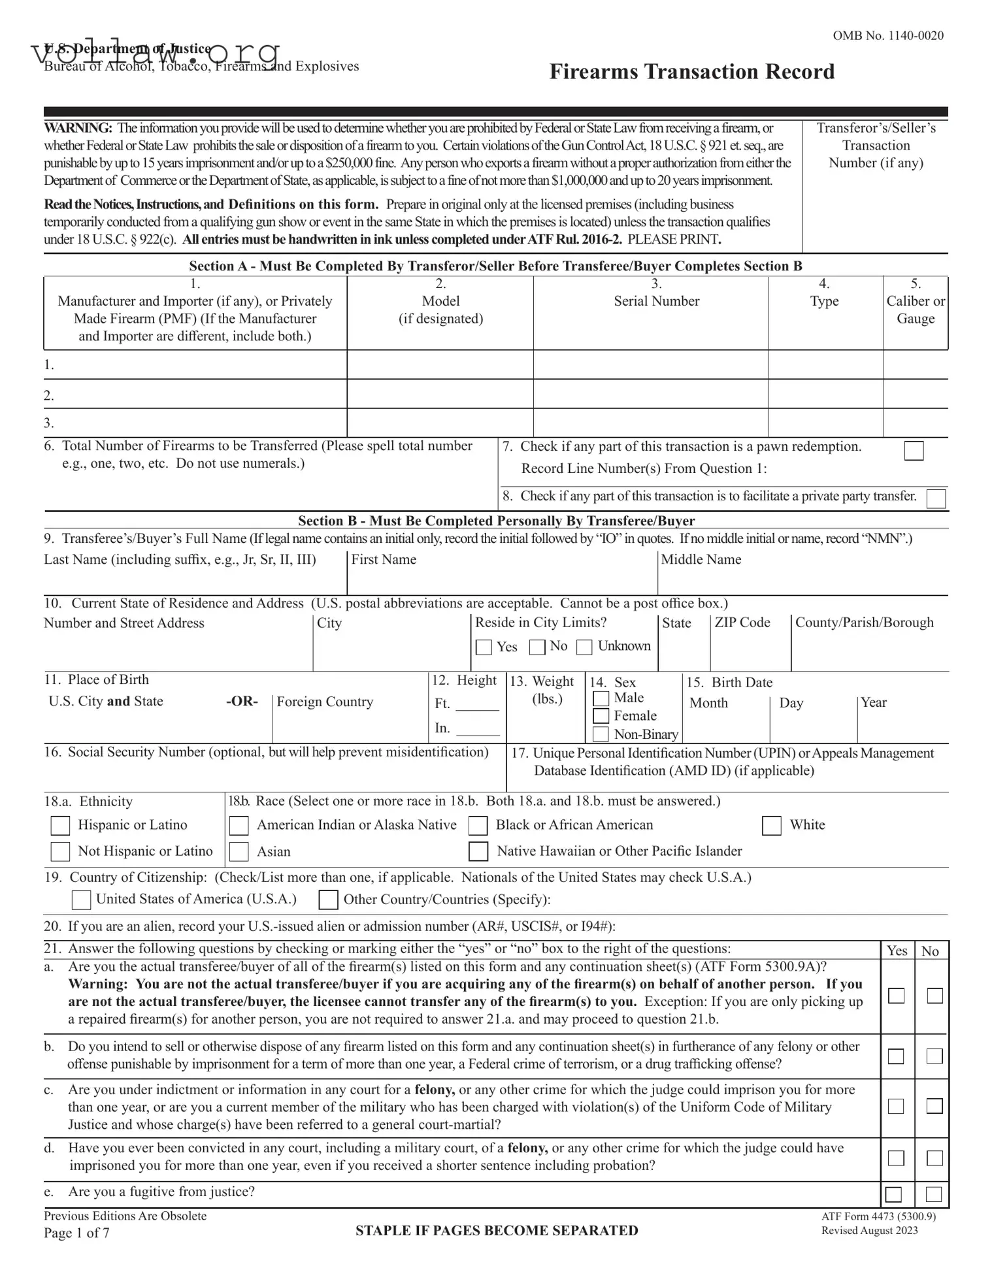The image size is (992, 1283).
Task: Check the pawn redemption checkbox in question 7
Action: [x=914, y=451]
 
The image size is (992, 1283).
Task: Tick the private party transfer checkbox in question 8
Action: [x=936, y=498]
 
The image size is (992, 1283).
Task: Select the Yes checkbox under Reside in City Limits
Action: [x=484, y=647]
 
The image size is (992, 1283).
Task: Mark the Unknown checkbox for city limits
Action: [x=584, y=647]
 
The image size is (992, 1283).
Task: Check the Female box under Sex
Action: [x=601, y=716]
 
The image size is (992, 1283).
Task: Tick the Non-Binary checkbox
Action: [x=601, y=734]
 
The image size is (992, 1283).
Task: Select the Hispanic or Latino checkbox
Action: [x=60, y=826]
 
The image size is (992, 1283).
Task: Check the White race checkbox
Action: [x=772, y=826]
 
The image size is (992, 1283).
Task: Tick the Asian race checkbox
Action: [x=239, y=851]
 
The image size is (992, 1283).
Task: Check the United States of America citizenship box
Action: [x=81, y=900]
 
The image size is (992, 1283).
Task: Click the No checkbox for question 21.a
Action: [x=934, y=996]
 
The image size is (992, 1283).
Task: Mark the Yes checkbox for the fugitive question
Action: [x=893, y=1194]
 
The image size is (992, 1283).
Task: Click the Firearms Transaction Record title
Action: [x=691, y=72]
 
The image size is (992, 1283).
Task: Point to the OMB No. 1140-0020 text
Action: [x=887, y=36]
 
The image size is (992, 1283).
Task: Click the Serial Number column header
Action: [x=656, y=301]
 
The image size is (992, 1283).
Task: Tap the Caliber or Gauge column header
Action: [x=915, y=310]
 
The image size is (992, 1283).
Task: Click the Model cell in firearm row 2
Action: [x=440, y=395]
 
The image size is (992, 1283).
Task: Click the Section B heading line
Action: [x=496, y=521]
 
